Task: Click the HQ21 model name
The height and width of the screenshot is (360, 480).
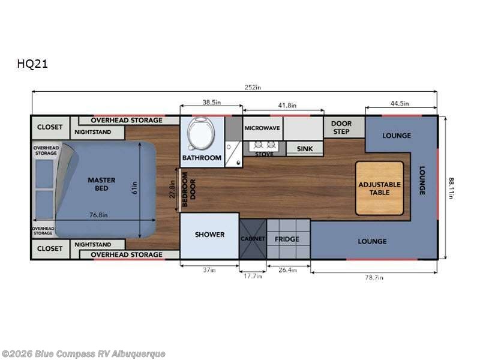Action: pyautogui.click(x=32, y=64)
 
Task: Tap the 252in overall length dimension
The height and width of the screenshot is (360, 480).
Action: pyautogui.click(x=253, y=87)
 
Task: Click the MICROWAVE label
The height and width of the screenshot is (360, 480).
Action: pyautogui.click(x=262, y=128)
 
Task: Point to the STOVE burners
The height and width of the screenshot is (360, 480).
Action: pyautogui.click(x=265, y=145)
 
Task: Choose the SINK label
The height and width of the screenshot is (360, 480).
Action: pyautogui.click(x=305, y=149)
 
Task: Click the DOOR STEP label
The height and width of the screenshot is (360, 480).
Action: pyautogui.click(x=341, y=128)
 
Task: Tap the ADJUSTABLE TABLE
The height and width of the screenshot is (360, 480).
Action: pyautogui.click(x=380, y=188)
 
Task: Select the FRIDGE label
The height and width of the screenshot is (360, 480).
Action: pyautogui.click(x=287, y=239)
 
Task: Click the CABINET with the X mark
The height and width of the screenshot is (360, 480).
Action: pyautogui.click(x=253, y=239)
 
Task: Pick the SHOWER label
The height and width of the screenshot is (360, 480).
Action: pyautogui.click(x=209, y=235)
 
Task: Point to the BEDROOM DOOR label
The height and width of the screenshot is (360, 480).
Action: pyautogui.click(x=188, y=189)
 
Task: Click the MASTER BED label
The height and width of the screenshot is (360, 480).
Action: pyautogui.click(x=101, y=184)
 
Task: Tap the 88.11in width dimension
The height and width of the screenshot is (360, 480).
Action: pyautogui.click(x=451, y=188)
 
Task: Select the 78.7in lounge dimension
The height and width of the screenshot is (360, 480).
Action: pyautogui.click(x=374, y=277)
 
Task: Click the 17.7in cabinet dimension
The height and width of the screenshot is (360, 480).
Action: pyautogui.click(x=253, y=276)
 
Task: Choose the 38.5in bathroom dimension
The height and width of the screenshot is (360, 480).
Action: pyautogui.click(x=212, y=102)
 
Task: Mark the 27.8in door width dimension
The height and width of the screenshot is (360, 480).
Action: pyautogui.click(x=173, y=190)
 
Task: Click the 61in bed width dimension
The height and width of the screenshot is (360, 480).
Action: pyautogui.click(x=134, y=188)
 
